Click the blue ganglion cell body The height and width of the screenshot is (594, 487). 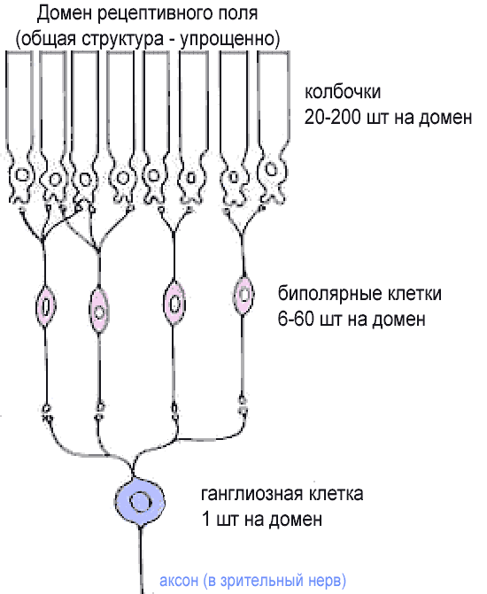click(140, 501)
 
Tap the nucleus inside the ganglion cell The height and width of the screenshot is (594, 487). click(141, 502)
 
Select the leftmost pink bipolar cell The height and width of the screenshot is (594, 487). click(45, 306)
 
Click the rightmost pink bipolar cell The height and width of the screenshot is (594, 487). click(243, 295)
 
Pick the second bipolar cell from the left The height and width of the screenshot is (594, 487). click(99, 310)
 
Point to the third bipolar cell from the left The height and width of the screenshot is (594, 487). click(174, 303)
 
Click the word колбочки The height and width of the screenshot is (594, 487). click(343, 92)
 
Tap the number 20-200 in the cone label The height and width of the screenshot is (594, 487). click(333, 118)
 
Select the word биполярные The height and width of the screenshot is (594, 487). click(329, 295)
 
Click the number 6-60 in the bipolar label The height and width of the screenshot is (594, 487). click(297, 320)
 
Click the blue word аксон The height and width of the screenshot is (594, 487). click(179, 581)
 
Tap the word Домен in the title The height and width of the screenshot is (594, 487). click(65, 14)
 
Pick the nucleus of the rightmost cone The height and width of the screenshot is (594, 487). click(271, 169)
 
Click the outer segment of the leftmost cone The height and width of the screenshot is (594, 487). click(19, 99)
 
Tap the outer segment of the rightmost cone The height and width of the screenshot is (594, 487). click(274, 97)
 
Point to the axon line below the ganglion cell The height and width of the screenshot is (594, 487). click(141, 559)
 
